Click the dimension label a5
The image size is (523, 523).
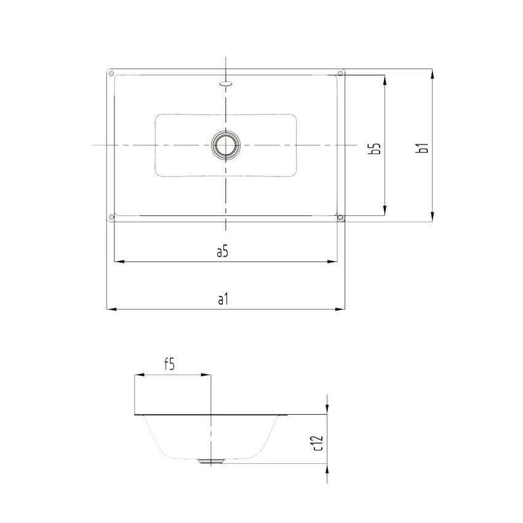coord(223,251)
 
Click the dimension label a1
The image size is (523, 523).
coord(223,299)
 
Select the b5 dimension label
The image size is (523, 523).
coord(375,148)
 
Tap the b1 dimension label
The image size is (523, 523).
coord(422,148)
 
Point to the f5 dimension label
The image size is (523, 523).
coord(169,364)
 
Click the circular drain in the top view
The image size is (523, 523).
coord(225,145)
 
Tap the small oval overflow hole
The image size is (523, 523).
coord(225,81)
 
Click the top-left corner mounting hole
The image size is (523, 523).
coord(111,74)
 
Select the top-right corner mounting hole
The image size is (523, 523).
coord(340,74)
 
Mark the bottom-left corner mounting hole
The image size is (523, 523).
coord(111,217)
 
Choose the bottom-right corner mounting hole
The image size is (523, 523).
coord(340,217)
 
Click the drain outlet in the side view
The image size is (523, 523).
coord(211,461)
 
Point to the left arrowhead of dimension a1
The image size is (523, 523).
coord(111,309)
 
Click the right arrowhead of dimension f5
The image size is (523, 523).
coord(207,375)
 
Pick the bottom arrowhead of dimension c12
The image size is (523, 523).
coord(327,469)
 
